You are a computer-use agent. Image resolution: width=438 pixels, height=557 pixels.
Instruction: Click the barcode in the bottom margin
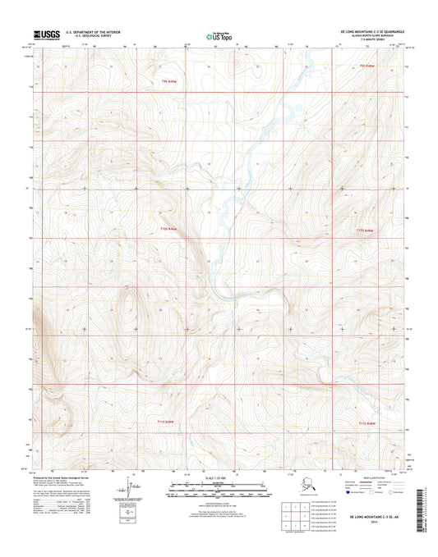tap(423, 507)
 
